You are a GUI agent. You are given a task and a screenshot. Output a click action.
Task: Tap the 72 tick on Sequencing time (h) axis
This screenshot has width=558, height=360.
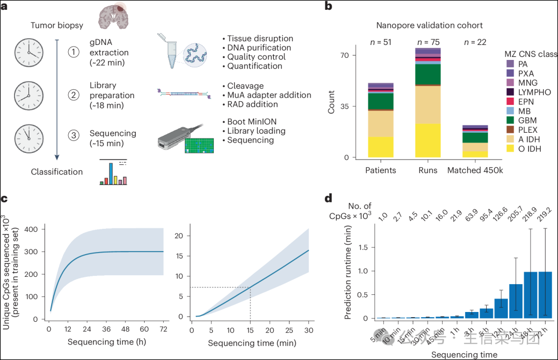pyautogui.click(x=163, y=329)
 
